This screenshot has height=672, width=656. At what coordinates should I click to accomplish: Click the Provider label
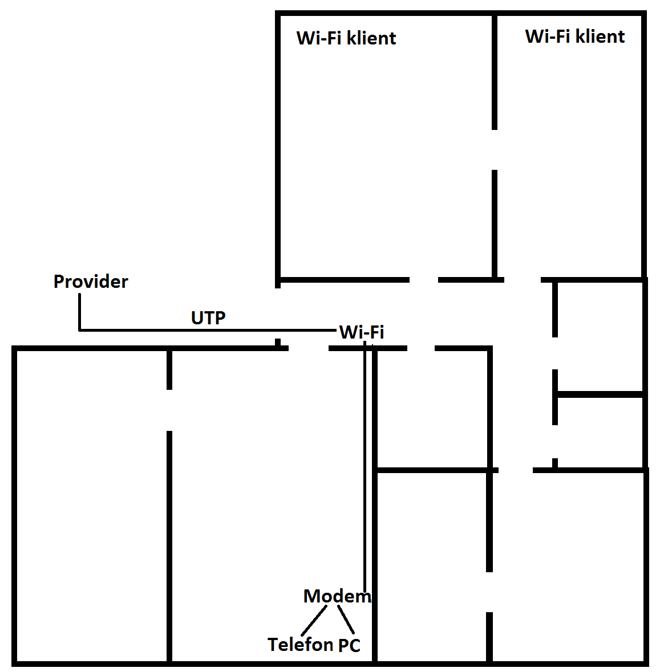pyautogui.click(x=91, y=282)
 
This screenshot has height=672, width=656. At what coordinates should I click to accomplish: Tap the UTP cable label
pyautogui.click(x=208, y=317)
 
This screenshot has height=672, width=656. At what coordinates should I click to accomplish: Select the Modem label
pyautogui.click(x=337, y=596)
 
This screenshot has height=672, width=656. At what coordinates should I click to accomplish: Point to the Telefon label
pyautogui.click(x=300, y=645)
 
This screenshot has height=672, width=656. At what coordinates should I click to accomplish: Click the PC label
pyautogui.click(x=349, y=645)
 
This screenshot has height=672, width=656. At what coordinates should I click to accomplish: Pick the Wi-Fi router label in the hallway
pyautogui.click(x=362, y=332)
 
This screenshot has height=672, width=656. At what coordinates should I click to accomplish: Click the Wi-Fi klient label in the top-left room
pyautogui.click(x=346, y=38)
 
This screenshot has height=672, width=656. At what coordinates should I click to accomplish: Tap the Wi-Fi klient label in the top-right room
pyautogui.click(x=574, y=36)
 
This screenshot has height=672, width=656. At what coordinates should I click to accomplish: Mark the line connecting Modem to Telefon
pyautogui.click(x=314, y=620)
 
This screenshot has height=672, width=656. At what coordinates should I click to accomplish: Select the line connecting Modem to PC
pyautogui.click(x=346, y=620)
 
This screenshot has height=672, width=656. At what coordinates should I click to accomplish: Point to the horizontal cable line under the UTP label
pyautogui.click(x=208, y=329)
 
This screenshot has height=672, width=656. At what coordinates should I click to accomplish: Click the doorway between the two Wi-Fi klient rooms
pyautogui.click(x=495, y=149)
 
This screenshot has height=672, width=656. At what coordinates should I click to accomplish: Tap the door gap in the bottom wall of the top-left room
pyautogui.click(x=424, y=280)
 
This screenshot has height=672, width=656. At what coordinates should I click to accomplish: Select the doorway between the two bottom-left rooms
pyautogui.click(x=169, y=410)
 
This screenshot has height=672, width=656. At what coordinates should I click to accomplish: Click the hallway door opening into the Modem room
pyautogui.click(x=308, y=348)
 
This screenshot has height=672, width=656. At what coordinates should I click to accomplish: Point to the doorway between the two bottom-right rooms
pyautogui.click(x=489, y=592)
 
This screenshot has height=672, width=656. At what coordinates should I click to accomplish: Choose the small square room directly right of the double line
pyautogui.click(x=432, y=409)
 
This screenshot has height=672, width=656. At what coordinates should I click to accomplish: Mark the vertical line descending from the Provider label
pyautogui.click(x=79, y=312)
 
